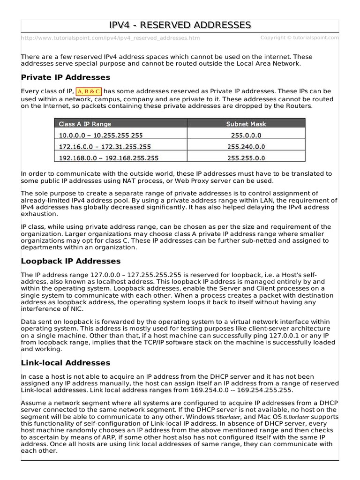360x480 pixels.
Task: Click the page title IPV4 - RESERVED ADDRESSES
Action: click(x=180, y=25)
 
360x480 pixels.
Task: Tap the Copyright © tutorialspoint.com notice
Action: click(x=299, y=37)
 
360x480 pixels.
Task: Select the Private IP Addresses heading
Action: click(x=66, y=77)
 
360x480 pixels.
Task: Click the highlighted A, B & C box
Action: click(x=89, y=91)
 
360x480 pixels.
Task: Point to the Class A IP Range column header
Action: click(x=85, y=124)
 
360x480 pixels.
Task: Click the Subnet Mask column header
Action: click(x=246, y=124)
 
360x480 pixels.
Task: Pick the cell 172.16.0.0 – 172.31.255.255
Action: click(x=105, y=147)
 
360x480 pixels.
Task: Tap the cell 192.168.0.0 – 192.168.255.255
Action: click(x=109, y=158)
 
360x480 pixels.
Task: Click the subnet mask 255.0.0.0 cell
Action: click(x=246, y=135)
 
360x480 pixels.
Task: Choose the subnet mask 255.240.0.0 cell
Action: click(x=246, y=147)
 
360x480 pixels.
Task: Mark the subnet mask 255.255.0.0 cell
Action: click(x=246, y=158)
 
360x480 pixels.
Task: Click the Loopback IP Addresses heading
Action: click(x=71, y=261)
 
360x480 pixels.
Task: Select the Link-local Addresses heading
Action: click(x=66, y=362)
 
